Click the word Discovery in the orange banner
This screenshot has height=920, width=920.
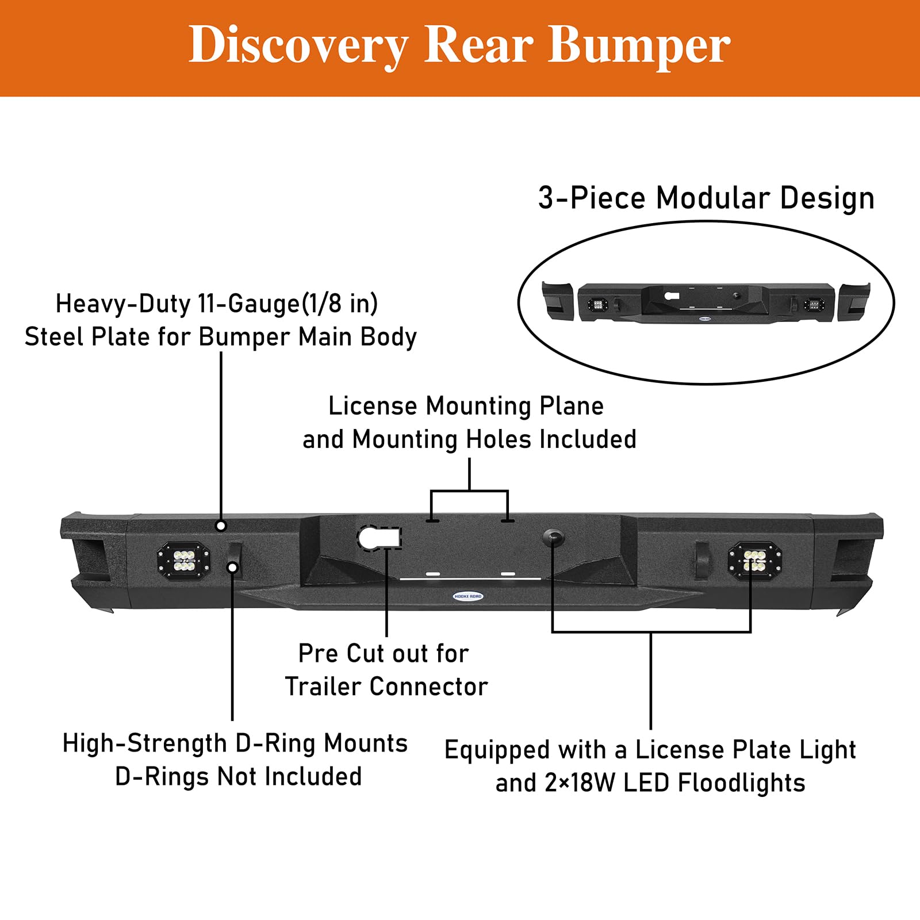point(298,46)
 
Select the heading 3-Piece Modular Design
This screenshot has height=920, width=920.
point(706,198)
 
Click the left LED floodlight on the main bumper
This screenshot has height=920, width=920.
point(183,561)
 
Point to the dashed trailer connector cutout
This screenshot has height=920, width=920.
point(379,538)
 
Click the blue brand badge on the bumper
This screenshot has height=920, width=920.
point(468,596)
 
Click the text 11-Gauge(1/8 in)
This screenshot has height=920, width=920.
point(287,304)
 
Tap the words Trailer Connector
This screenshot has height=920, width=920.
point(386,687)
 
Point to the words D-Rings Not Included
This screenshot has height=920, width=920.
point(239,776)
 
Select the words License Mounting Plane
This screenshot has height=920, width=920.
point(466,406)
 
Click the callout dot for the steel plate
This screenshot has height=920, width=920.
point(221,526)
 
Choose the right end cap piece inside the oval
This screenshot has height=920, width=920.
point(854,302)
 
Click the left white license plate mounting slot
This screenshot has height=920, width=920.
point(433,574)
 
